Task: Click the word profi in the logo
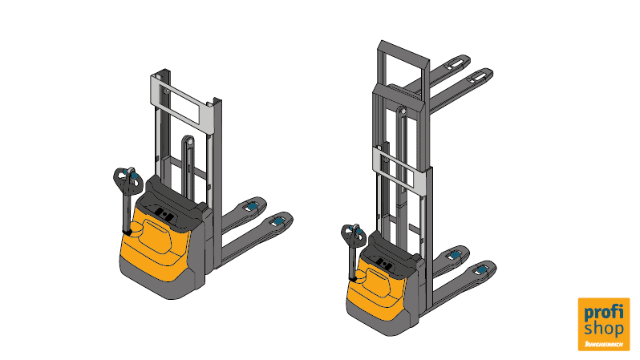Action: point(604,313)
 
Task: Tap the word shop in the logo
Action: point(604,328)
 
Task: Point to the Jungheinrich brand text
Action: point(604,344)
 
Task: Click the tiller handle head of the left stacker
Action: point(128,178)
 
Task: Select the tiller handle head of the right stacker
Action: point(353,234)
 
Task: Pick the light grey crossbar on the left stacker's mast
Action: point(182,102)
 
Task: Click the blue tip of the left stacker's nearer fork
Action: point(279,221)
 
